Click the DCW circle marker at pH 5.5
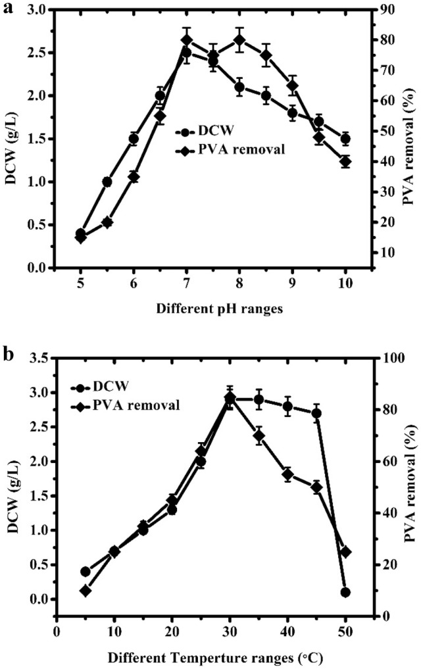click(107, 182)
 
